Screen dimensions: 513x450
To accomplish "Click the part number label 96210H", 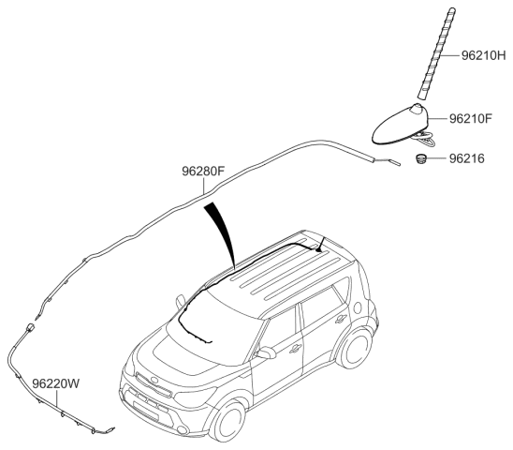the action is coord(484,55).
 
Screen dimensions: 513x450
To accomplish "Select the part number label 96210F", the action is coord(471,118).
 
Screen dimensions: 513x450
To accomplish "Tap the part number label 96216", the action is coord(466,158).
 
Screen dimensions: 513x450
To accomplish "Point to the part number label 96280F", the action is coord(203,171).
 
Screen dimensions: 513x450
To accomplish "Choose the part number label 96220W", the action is coord(55,383).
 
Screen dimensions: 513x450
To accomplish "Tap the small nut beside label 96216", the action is coord(420,158).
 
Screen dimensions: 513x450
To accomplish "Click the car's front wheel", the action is coord(228,420).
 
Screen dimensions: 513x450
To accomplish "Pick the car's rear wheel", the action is coord(355,348).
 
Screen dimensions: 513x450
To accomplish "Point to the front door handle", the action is coord(296,349).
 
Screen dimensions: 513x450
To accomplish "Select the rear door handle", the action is coord(342,318).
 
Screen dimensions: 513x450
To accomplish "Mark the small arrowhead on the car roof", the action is coord(319,249).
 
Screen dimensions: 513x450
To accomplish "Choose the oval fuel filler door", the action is coord(358,307).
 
